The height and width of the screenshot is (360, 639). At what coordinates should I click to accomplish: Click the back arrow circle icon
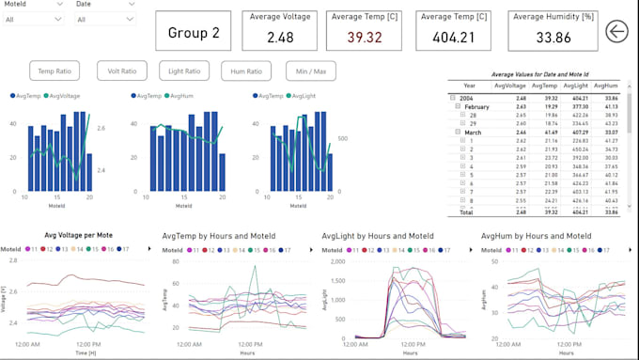(x=617, y=32)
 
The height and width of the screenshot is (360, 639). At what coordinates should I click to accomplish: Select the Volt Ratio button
(x=121, y=70)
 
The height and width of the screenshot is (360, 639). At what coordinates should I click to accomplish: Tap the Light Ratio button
(x=184, y=70)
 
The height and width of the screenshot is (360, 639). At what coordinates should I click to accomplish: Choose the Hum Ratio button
(x=246, y=70)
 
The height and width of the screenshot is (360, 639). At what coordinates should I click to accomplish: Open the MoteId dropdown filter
(x=34, y=19)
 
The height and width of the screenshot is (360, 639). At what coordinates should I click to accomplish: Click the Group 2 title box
(x=193, y=32)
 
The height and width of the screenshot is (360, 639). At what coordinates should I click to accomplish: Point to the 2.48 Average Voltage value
(x=280, y=38)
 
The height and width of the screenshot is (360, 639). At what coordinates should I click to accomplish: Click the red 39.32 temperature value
(x=364, y=38)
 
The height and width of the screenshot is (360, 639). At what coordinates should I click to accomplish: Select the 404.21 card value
(x=454, y=38)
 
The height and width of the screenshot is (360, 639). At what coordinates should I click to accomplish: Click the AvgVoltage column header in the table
(x=509, y=85)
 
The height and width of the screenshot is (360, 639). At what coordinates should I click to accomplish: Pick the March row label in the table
(x=473, y=133)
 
